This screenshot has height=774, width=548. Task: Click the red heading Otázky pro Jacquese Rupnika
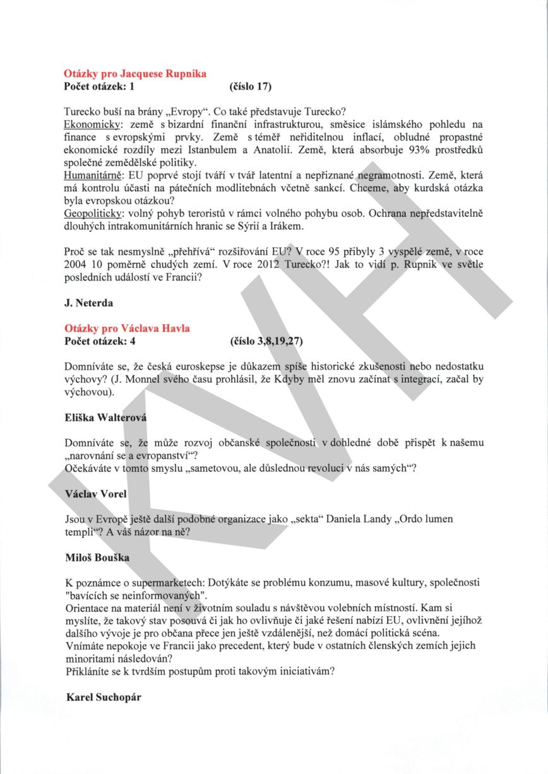pyautogui.click(x=135, y=74)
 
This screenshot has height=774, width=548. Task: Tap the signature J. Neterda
pyautogui.click(x=89, y=303)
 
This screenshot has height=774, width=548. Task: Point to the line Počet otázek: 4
pyautogui.click(x=100, y=341)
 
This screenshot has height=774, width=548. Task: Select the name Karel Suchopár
pyautogui.click(x=104, y=697)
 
